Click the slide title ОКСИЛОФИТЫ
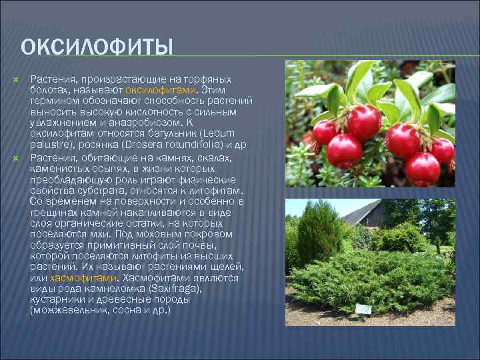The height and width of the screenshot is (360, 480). click(97, 48)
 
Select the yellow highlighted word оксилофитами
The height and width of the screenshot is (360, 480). click(169, 90)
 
